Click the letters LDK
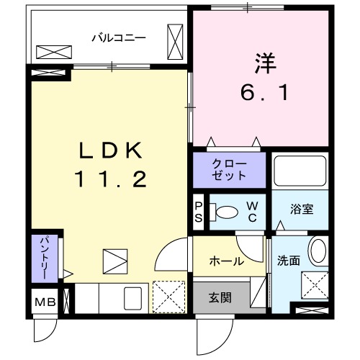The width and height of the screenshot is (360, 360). pos(113,151)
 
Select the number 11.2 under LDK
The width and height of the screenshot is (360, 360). pos(113,179)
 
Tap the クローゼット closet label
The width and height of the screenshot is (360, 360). pos(229,170)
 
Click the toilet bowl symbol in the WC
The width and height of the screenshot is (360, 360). pos(227,212)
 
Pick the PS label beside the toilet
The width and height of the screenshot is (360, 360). pos(199,212)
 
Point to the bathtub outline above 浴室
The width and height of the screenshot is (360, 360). pos(301,171)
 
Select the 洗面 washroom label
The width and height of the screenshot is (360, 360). pos(289,261)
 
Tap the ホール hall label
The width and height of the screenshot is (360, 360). pos(225,261)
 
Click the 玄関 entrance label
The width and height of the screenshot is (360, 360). pos(220,297)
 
